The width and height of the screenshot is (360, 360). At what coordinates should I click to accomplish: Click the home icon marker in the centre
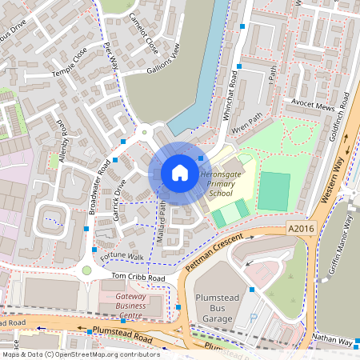pos(180,172)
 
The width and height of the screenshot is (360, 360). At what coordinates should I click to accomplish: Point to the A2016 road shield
pos(298,230)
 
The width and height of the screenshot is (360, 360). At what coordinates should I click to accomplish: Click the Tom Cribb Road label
pos(138,278)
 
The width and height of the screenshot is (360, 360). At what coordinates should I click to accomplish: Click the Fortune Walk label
pos(123,257)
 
